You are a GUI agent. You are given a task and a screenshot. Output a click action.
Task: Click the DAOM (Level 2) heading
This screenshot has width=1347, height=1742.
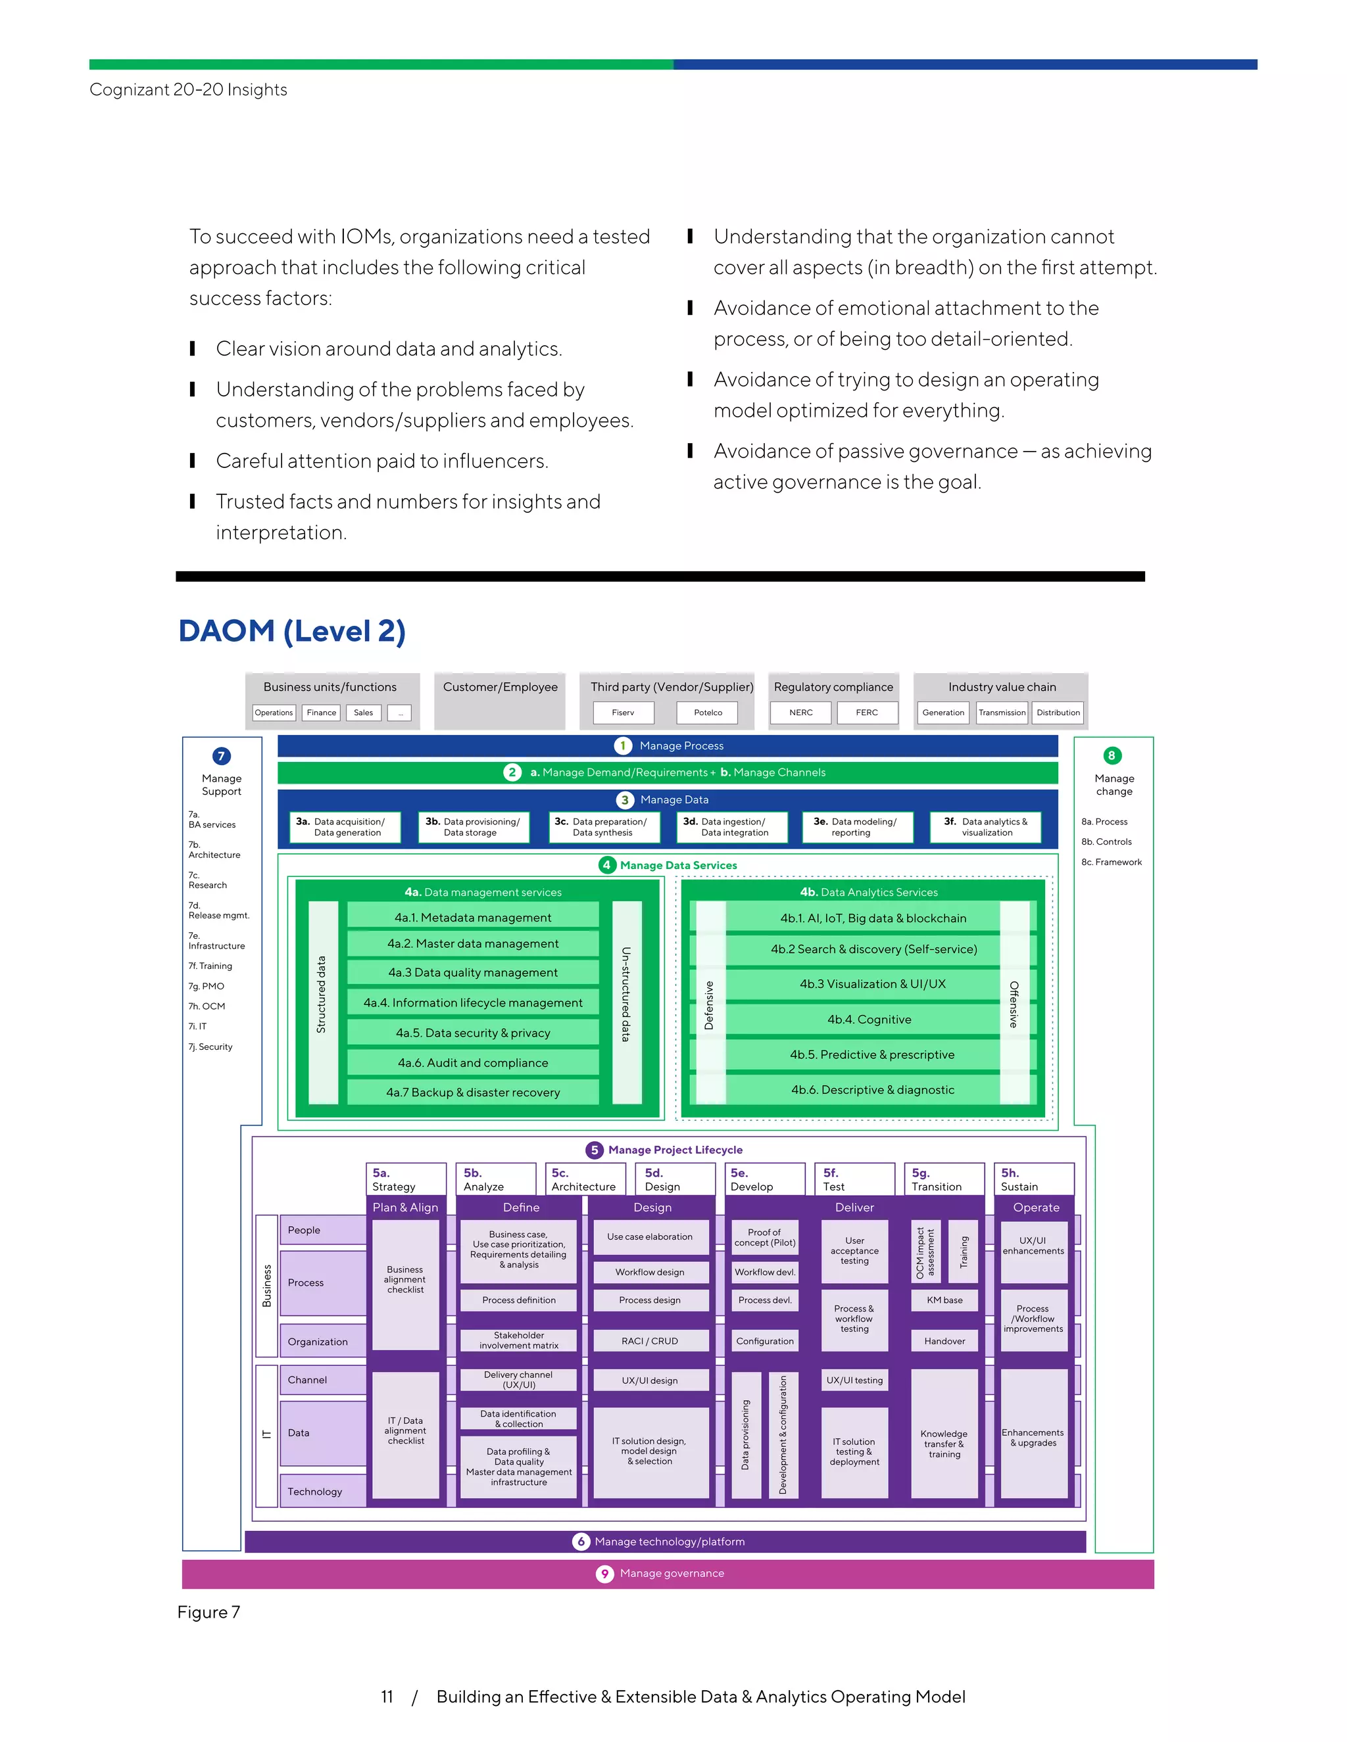[x=292, y=631]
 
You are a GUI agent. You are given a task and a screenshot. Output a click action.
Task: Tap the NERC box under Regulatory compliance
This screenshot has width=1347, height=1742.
[x=800, y=713]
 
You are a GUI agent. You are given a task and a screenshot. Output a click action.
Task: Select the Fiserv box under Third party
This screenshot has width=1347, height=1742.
[x=624, y=713]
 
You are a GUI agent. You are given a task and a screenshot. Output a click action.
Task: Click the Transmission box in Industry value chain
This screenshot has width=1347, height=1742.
[x=1002, y=713]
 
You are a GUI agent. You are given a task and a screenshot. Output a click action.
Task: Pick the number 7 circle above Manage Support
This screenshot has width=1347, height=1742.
[x=222, y=756]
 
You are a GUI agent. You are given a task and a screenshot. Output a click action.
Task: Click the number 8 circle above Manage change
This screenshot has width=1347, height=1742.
[x=1112, y=755]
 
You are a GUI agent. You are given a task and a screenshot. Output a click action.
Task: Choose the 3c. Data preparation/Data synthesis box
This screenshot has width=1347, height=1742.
[x=604, y=827]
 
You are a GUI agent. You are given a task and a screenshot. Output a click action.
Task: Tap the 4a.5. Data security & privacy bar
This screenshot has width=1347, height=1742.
[x=473, y=1033]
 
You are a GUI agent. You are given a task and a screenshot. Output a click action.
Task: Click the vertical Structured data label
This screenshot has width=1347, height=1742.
[x=322, y=995]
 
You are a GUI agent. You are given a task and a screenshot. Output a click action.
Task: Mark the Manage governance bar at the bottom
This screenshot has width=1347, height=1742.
[x=668, y=1573]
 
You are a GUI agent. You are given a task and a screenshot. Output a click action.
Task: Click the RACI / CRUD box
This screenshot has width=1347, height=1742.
[x=650, y=1341]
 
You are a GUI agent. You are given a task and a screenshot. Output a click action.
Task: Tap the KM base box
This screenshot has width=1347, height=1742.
[x=944, y=1300]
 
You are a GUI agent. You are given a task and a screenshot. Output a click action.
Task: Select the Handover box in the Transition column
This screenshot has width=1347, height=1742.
[x=944, y=1341]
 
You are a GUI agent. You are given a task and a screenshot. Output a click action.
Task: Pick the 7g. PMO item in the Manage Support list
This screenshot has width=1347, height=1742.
[x=207, y=986]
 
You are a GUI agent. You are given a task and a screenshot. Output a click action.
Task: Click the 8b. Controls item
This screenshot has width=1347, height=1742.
[x=1106, y=841]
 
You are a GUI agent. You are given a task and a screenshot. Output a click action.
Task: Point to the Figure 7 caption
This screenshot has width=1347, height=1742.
[x=208, y=1612]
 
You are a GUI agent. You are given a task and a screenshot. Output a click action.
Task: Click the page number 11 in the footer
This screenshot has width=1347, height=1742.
[x=387, y=1697]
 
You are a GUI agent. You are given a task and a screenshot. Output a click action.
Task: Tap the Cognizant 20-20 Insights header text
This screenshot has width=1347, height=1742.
[x=188, y=89]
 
